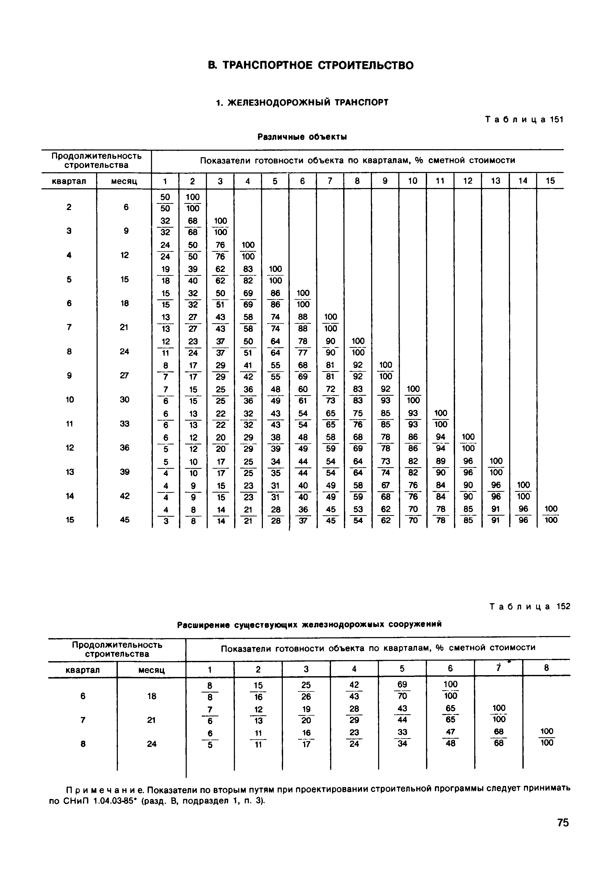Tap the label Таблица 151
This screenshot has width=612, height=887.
coord(524,120)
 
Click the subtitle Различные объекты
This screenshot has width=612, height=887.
coord(302,137)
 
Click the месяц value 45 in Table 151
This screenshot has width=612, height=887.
coord(124,520)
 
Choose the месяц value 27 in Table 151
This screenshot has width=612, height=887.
coord(124,376)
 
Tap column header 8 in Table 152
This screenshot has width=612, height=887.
coord(546,668)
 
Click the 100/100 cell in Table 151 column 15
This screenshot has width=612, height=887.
coord(551,514)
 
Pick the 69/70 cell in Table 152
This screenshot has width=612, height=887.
coord(402,690)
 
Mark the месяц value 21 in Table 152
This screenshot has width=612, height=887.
coord(152,720)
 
